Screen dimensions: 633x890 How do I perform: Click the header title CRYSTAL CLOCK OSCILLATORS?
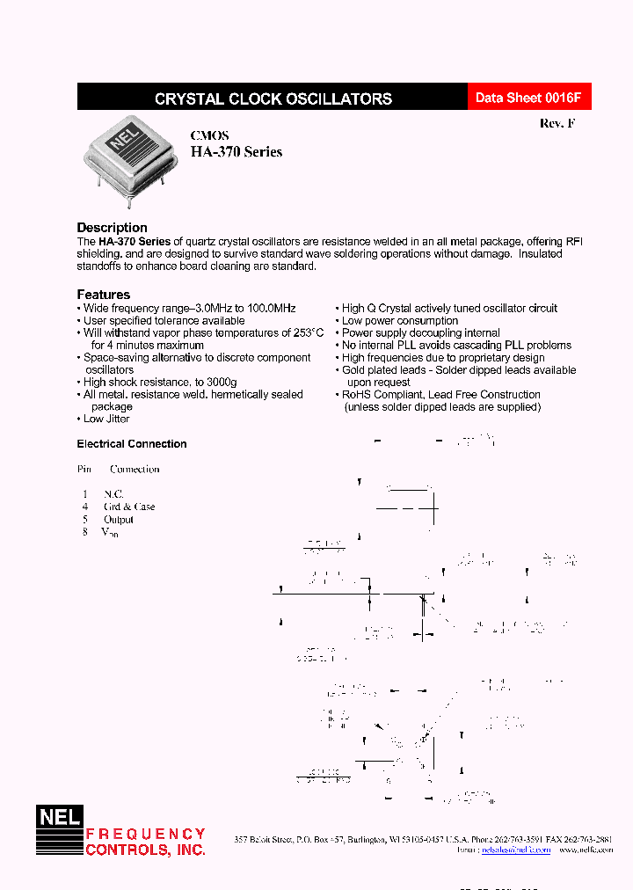coord(273,98)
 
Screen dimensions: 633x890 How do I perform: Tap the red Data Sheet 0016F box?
coord(528,98)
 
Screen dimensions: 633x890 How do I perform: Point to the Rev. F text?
coord(557,124)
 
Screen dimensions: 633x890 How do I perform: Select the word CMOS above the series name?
coord(210,135)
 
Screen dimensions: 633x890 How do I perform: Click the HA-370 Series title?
coord(236,152)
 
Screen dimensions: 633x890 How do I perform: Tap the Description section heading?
coord(112,228)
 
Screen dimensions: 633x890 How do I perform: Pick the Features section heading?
coord(103,295)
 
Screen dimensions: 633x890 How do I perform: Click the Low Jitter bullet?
coord(105,419)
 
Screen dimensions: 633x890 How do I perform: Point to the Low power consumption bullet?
coord(399,321)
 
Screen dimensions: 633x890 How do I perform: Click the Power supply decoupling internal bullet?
coord(420,333)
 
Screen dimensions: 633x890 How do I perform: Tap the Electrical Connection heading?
coord(132,444)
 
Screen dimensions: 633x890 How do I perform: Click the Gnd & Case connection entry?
coord(129,507)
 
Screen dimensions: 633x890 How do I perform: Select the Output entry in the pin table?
coord(119,519)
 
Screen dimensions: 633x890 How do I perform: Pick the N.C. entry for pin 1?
coord(113,494)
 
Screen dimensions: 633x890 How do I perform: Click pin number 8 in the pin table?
coord(85,532)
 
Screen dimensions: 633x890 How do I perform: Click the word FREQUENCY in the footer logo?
coord(145,834)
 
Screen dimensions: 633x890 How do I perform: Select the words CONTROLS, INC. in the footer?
coord(145,850)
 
